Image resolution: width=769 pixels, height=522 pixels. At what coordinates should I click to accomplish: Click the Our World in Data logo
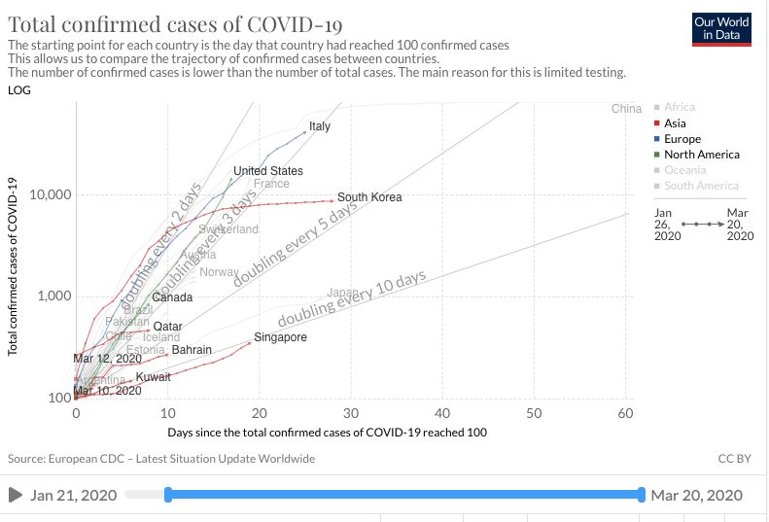pos(722,28)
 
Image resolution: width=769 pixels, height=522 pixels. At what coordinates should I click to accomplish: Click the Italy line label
pos(320,126)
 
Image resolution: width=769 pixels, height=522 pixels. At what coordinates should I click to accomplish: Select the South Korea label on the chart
pos(369,197)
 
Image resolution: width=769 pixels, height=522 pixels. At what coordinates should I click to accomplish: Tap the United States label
pos(268,171)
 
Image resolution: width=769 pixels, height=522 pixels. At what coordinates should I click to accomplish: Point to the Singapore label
pos(280,337)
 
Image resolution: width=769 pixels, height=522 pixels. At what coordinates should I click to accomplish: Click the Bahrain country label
pos(192,349)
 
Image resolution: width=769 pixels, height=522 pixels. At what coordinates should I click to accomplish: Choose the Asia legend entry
pos(675,123)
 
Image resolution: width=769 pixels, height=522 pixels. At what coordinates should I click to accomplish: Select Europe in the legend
pos(682,139)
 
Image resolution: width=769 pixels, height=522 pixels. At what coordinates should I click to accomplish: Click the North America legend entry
pos(701,155)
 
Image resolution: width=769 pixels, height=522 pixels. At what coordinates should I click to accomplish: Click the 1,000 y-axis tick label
pos(50,296)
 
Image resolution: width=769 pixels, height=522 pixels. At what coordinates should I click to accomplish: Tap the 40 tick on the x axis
pos(442,413)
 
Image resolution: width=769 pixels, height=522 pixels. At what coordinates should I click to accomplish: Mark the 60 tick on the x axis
pos(625,413)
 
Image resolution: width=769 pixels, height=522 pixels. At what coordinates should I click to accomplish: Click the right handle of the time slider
pos(642,495)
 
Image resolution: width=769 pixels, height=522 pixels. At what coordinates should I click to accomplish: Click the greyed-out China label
pos(626,108)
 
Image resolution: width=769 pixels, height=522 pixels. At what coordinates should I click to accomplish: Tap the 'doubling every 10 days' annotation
pos(352,299)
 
